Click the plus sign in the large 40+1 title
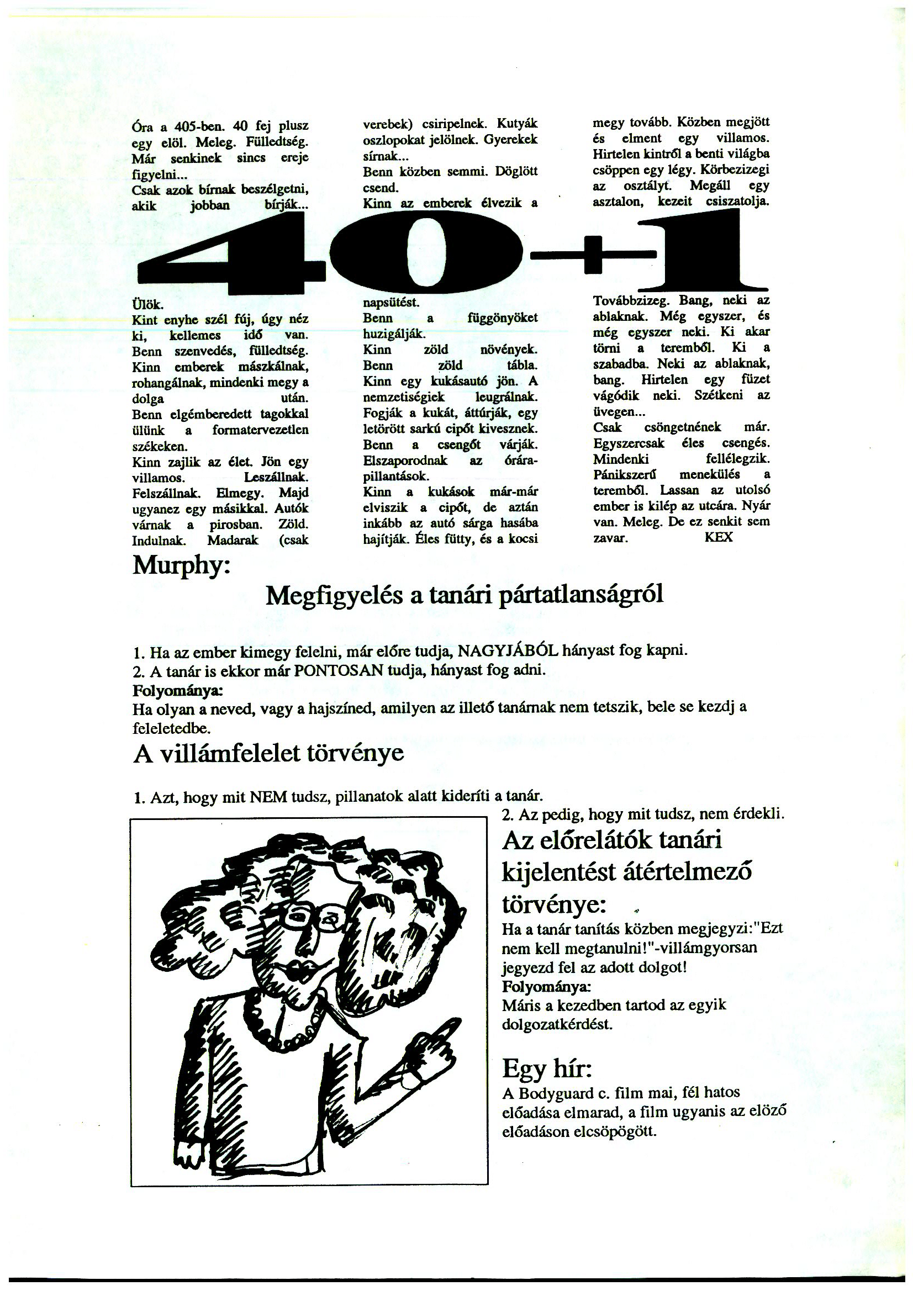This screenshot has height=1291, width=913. click(594, 255)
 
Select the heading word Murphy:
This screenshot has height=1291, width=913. click(181, 565)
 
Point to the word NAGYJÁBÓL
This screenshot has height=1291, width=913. click(508, 650)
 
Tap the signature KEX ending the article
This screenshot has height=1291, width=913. click(719, 537)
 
